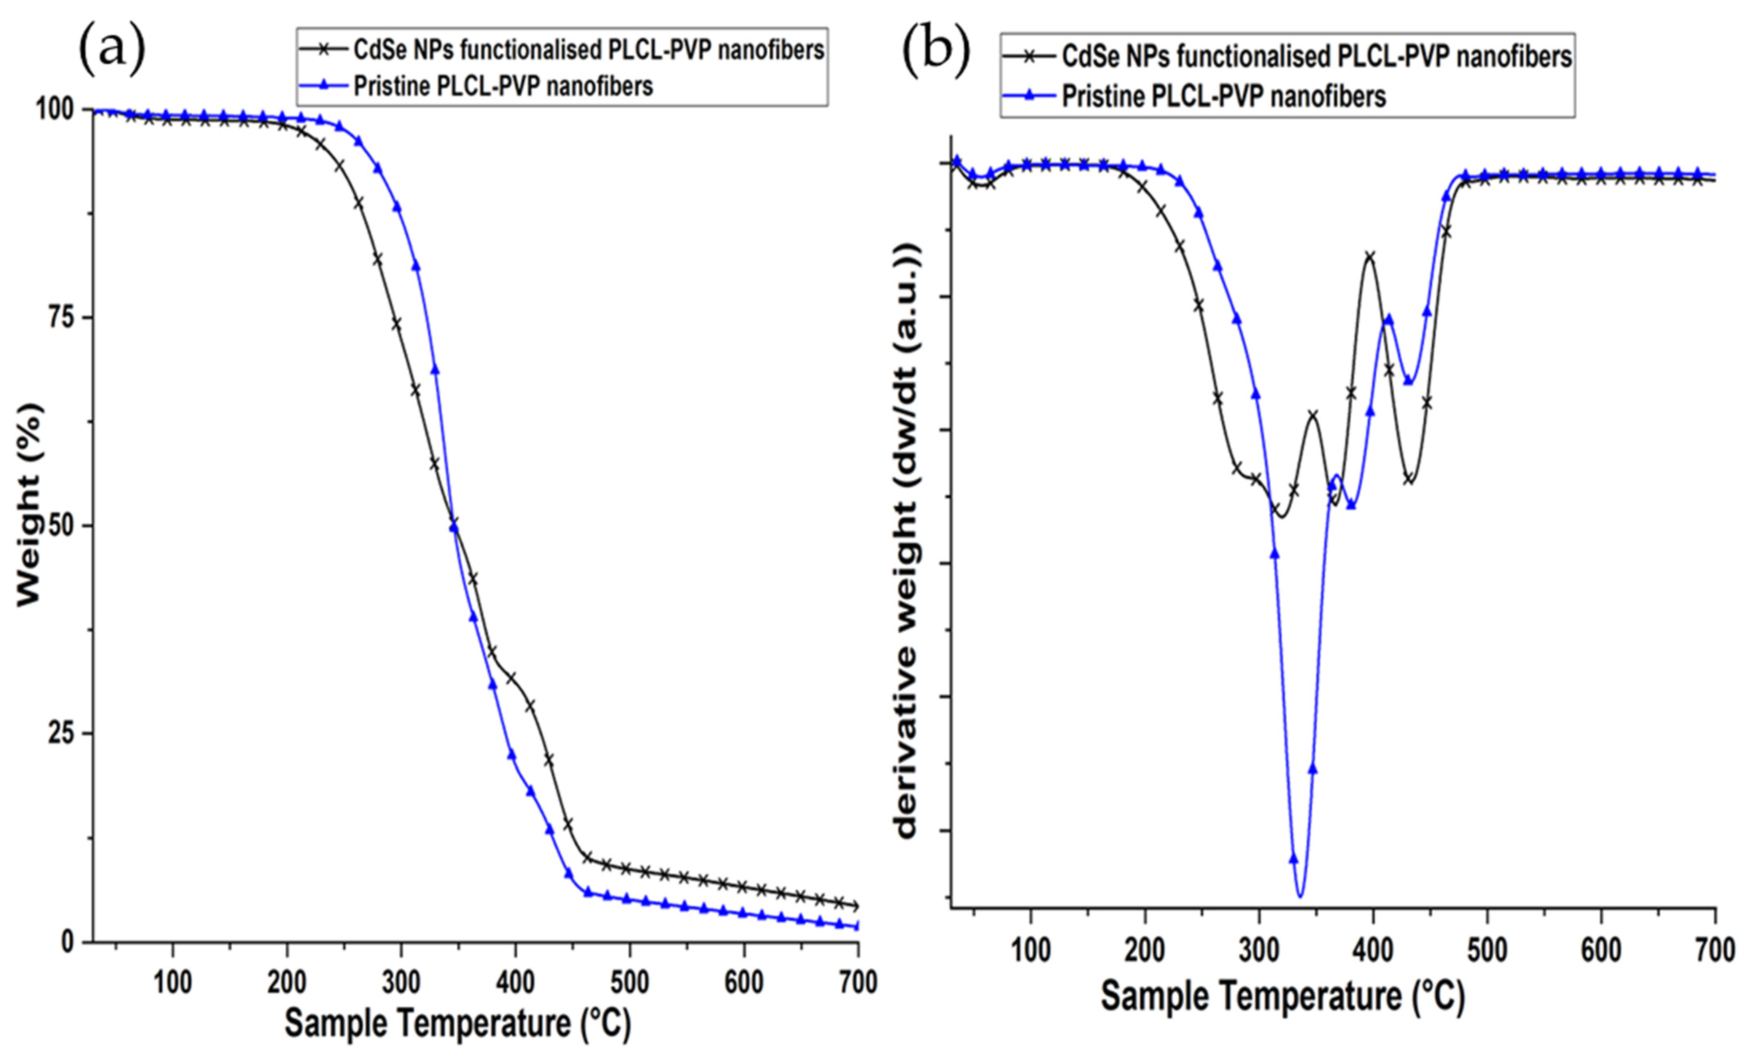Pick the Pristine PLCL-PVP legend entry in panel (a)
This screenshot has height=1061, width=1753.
(x=502, y=86)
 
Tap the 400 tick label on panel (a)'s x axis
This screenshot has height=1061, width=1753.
(x=515, y=983)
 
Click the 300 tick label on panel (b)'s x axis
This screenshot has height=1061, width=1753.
(x=1259, y=951)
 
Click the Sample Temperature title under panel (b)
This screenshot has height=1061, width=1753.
(x=1283, y=996)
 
